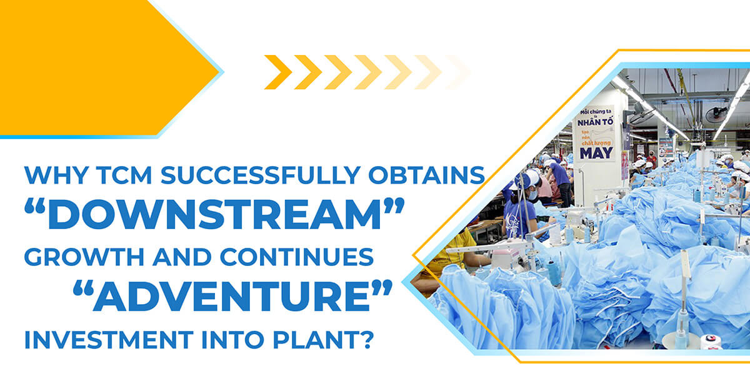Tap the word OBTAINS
(427, 175)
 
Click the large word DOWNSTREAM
(214, 214)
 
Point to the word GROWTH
(84, 257)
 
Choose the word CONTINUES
(297, 257)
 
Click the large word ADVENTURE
(231, 297)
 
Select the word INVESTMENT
(109, 340)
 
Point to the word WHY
(56, 175)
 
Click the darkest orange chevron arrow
(278, 72)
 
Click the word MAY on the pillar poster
(596, 153)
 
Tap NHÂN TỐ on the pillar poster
(595, 122)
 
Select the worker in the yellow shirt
(449, 257)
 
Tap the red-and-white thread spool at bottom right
(711, 341)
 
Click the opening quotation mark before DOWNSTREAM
(35, 207)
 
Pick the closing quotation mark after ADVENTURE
(382, 288)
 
